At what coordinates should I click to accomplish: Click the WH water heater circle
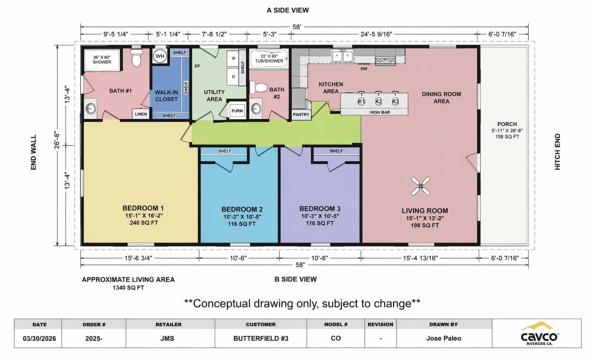(160, 56)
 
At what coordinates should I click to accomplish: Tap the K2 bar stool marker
(378, 101)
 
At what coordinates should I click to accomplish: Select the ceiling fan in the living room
(421, 186)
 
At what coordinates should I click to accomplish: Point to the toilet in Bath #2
(259, 88)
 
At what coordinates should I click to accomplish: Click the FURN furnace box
(237, 111)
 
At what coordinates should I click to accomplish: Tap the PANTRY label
(301, 115)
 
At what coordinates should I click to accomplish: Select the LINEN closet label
(141, 114)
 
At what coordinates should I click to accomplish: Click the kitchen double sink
(342, 56)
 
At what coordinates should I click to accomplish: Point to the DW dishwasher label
(364, 69)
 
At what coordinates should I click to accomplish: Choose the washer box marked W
(233, 58)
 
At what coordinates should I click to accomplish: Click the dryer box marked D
(233, 77)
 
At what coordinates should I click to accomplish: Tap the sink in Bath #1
(90, 108)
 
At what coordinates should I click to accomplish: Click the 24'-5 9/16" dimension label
(376, 34)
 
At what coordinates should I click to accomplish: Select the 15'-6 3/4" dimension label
(138, 258)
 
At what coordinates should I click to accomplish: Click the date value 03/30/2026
(39, 339)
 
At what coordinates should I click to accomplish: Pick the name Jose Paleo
(444, 338)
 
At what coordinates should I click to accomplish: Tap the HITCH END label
(557, 152)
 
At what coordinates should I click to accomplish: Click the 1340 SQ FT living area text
(128, 288)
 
